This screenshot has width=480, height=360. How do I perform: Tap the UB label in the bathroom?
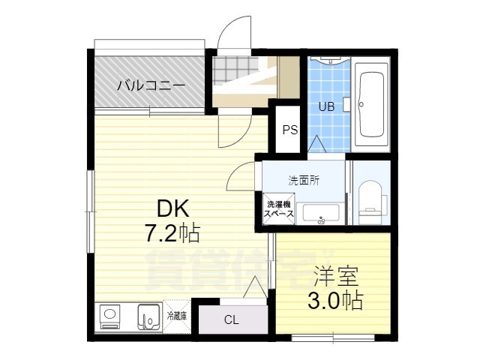(327, 106)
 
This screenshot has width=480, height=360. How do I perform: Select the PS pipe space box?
(289, 130)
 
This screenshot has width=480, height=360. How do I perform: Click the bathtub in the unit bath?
(372, 104)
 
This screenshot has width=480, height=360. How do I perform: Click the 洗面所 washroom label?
(304, 181)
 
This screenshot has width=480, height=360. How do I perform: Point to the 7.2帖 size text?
(172, 234)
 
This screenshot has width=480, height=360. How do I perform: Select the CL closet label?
(231, 320)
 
